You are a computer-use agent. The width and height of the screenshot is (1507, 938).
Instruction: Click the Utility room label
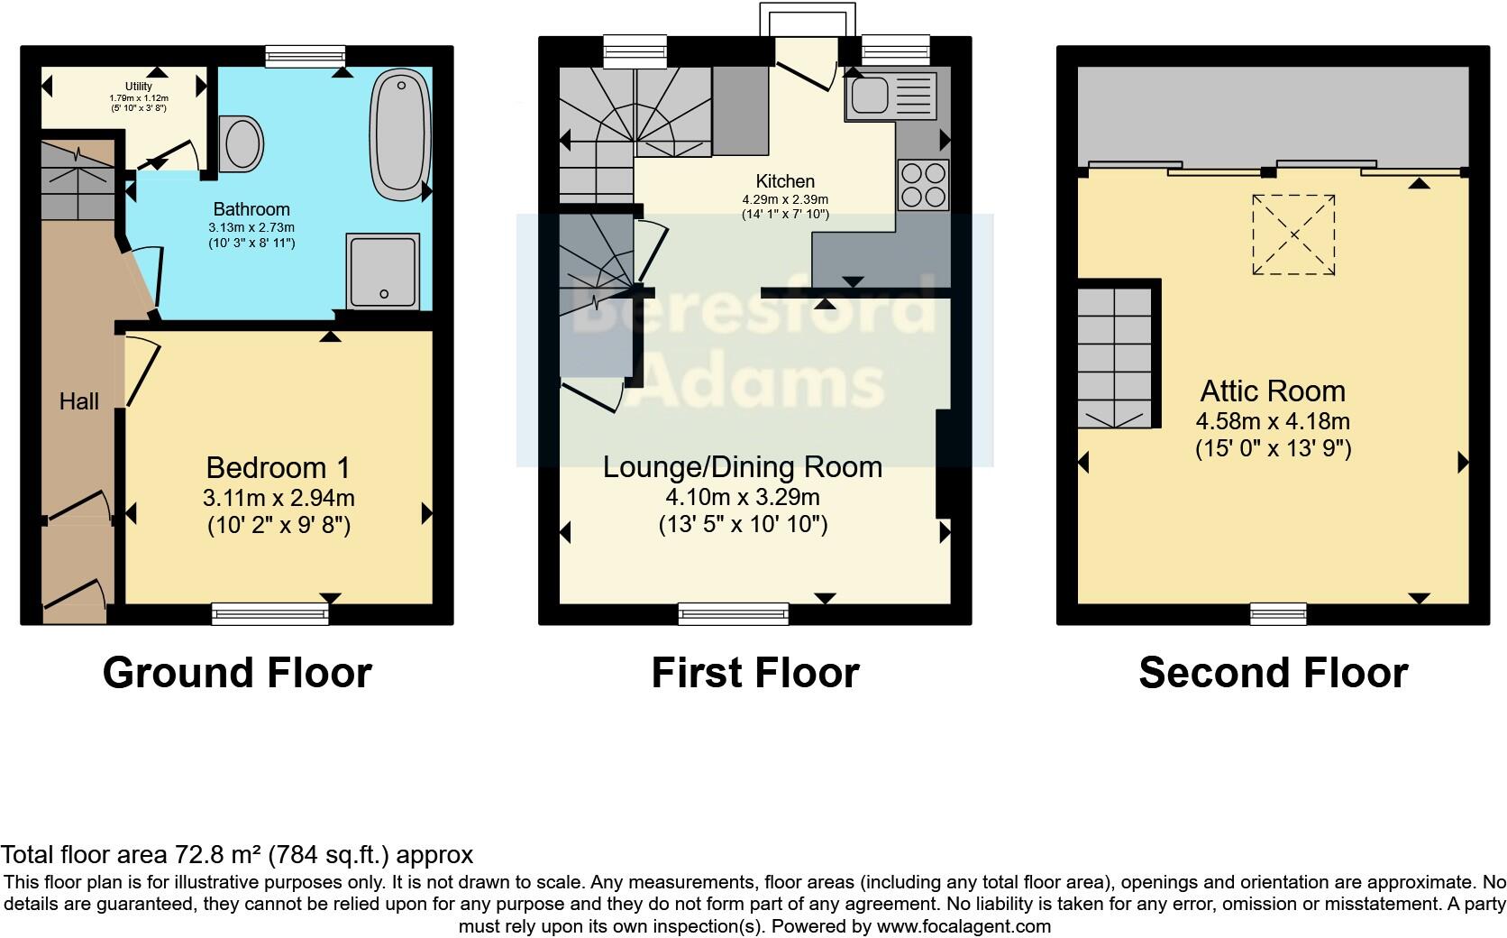pyautogui.click(x=139, y=87)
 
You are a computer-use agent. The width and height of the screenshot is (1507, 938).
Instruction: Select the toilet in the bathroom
pyautogui.click(x=242, y=143)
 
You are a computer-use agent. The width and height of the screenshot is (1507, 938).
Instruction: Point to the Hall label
pyautogui.click(x=79, y=401)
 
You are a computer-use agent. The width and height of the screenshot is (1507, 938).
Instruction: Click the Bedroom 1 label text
pyautogui.click(x=278, y=467)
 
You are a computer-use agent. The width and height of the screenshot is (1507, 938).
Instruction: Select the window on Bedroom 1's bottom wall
pyautogui.click(x=270, y=614)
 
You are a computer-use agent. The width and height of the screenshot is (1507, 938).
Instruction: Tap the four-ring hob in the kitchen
pyautogui.click(x=923, y=185)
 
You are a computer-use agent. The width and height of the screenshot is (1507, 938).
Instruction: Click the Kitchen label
pyautogui.click(x=785, y=181)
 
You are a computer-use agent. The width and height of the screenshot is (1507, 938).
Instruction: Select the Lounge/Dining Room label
pyautogui.click(x=742, y=467)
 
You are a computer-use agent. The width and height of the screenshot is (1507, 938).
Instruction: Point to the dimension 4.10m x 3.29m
pyautogui.click(x=742, y=497)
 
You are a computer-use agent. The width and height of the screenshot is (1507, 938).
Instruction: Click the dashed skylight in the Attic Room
pyautogui.click(x=1293, y=234)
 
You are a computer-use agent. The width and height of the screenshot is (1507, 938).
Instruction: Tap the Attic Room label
pyautogui.click(x=1273, y=391)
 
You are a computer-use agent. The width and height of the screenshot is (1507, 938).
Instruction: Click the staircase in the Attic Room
pyautogui.click(x=1116, y=356)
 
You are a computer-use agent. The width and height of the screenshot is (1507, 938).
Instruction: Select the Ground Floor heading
pyautogui.click(x=237, y=673)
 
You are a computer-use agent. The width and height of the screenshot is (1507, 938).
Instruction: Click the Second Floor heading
pyautogui.click(x=1273, y=673)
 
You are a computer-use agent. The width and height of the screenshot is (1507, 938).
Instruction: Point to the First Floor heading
pyautogui.click(x=755, y=673)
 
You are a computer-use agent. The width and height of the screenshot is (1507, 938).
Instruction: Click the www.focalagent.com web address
pyautogui.click(x=964, y=926)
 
